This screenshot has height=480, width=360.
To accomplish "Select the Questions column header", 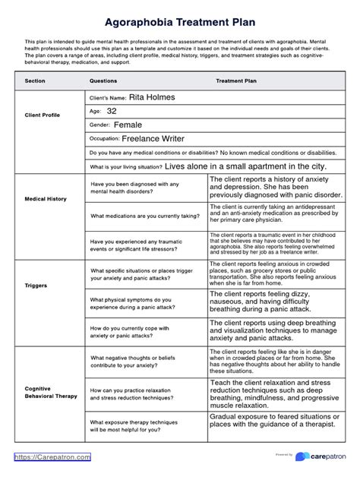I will [x=103, y=79].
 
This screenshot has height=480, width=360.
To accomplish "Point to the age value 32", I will [x=112, y=111].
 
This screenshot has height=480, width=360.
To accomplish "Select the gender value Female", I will [x=128, y=125].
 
